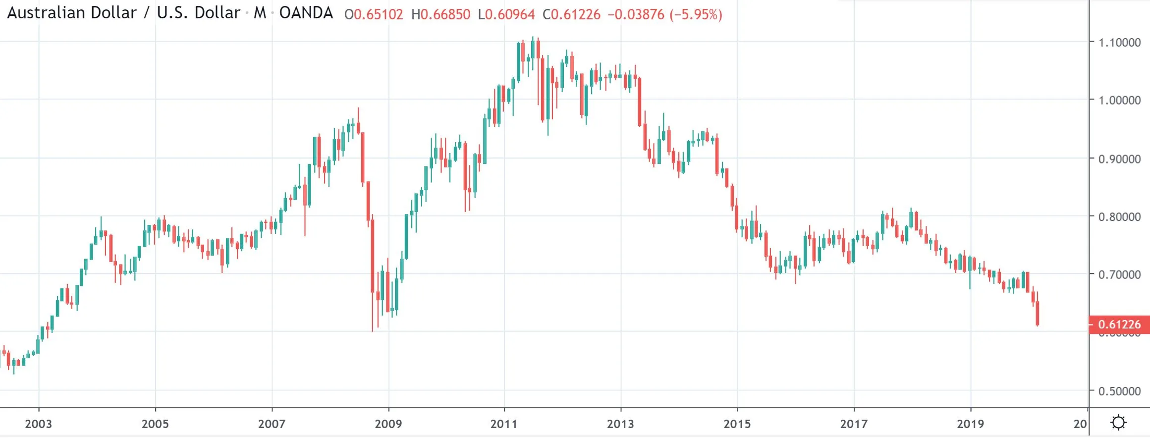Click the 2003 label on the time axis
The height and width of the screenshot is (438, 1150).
(x=38, y=424)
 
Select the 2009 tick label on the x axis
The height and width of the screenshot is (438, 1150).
(x=388, y=424)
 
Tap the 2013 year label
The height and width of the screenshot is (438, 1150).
(x=620, y=424)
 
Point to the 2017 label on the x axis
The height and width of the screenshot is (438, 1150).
(x=854, y=424)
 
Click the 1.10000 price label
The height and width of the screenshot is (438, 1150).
(x=1119, y=43)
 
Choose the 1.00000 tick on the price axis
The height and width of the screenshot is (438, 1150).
(x=1119, y=100)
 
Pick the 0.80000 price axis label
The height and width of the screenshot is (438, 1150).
(x=1119, y=217)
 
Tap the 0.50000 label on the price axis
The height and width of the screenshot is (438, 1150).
(x=1119, y=391)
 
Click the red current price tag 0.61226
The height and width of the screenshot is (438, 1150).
(x=1119, y=325)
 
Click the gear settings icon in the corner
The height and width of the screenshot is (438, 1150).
(x=1119, y=423)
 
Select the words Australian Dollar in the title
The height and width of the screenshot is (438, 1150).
(x=72, y=13)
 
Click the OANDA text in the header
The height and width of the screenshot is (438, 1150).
(x=306, y=13)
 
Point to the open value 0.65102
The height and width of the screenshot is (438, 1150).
(x=378, y=14)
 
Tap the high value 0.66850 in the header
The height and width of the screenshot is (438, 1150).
(x=445, y=14)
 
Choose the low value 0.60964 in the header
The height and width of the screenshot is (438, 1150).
(x=510, y=14)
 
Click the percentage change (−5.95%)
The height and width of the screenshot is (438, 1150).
(x=696, y=14)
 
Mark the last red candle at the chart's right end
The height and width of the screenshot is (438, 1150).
(x=1037, y=313)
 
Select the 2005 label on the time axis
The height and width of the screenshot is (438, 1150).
(x=155, y=424)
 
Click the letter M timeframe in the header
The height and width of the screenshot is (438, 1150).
(x=260, y=13)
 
